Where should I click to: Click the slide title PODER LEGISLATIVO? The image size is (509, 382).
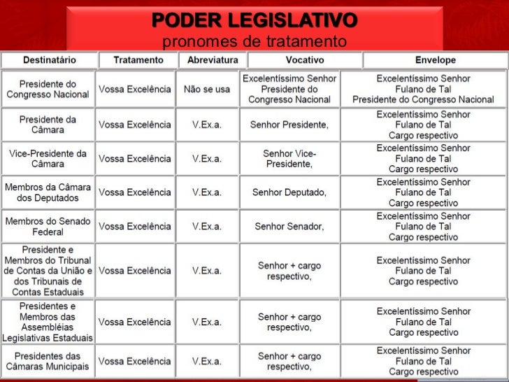(x=254, y=19)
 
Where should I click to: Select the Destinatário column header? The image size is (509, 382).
(x=49, y=60)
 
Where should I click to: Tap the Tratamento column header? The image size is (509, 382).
(x=138, y=60)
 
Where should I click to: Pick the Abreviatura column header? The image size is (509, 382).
(x=208, y=60)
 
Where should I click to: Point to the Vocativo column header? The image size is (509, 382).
(x=289, y=60)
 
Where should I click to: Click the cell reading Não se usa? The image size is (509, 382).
(x=207, y=89)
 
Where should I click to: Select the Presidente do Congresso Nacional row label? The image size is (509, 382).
(x=48, y=89)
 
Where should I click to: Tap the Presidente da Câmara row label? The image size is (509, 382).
(x=48, y=125)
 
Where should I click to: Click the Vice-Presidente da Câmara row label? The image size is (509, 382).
(x=48, y=159)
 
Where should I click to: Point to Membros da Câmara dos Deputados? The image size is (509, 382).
(x=48, y=192)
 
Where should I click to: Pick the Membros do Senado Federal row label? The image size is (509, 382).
(x=48, y=226)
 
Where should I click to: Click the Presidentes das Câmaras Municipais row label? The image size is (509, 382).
(x=48, y=361)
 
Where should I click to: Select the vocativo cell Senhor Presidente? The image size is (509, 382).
(x=289, y=125)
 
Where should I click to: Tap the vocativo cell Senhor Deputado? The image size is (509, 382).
(x=289, y=192)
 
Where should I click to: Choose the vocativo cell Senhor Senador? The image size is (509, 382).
(x=289, y=226)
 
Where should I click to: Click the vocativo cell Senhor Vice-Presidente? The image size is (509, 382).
(x=289, y=159)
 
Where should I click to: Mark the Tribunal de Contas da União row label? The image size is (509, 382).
(x=48, y=271)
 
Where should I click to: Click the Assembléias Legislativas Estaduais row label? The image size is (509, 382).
(x=48, y=322)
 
